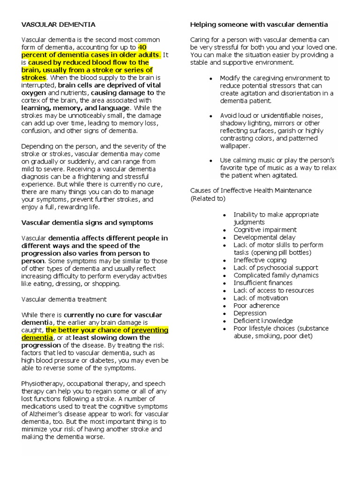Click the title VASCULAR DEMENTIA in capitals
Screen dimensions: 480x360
point(58,24)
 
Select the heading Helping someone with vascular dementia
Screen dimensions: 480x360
point(259,24)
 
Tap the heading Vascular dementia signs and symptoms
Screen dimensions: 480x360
point(87,223)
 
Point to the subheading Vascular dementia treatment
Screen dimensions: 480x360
point(64,299)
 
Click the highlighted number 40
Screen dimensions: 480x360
point(143,47)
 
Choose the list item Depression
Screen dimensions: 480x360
point(250,313)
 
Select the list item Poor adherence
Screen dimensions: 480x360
point(256,306)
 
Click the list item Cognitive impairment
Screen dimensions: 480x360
point(265,230)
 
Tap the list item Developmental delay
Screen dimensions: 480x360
point(264,237)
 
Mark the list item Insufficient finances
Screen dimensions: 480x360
point(263,283)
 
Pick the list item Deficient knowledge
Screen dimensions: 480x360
point(263,321)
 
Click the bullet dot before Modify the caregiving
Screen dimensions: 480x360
point(211,78)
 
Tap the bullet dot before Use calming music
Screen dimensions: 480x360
point(211,160)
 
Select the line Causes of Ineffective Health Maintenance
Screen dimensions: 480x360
point(251,190)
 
